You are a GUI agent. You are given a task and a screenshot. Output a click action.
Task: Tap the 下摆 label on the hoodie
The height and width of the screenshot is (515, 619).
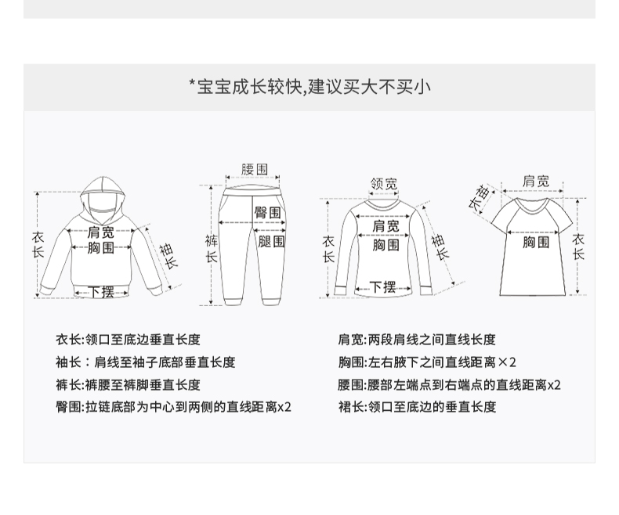tap(102, 292)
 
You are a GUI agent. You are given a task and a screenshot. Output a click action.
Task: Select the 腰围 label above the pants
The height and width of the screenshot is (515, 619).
tap(255, 169)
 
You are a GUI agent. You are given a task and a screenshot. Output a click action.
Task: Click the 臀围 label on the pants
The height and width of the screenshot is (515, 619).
tap(267, 212)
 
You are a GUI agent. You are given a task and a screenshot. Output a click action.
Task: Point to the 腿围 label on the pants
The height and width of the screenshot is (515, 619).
tap(271, 241)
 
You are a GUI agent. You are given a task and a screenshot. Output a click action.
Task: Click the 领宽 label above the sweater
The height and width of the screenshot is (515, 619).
tap(384, 184)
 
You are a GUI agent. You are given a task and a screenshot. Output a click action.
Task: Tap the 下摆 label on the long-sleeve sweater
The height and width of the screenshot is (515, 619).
tap(382, 287)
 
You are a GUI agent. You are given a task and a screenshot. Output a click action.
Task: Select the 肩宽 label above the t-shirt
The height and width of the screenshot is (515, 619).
tap(536, 181)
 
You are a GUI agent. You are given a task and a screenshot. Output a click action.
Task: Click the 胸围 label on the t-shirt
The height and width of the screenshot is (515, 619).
tap(536, 242)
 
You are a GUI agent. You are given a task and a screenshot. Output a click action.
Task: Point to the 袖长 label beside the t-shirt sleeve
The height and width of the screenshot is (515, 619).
tap(480, 196)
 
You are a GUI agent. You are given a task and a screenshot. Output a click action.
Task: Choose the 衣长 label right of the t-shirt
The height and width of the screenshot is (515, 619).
tap(578, 247)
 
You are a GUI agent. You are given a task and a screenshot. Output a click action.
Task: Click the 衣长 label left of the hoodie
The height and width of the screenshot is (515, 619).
tap(38, 244)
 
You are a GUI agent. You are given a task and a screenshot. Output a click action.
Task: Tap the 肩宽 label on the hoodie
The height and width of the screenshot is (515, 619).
tap(100, 232)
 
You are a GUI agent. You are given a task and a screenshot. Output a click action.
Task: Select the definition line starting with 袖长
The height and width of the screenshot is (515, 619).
tap(145, 362)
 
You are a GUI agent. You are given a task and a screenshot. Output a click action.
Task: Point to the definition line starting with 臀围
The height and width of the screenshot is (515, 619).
tap(173, 407)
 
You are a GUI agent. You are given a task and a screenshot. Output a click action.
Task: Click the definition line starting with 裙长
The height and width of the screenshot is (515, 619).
tap(417, 407)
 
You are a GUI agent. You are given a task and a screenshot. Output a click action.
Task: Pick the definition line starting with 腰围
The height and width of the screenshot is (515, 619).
tap(450, 385)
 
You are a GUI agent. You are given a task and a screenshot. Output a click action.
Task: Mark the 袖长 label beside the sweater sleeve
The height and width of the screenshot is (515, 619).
tap(440, 247)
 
